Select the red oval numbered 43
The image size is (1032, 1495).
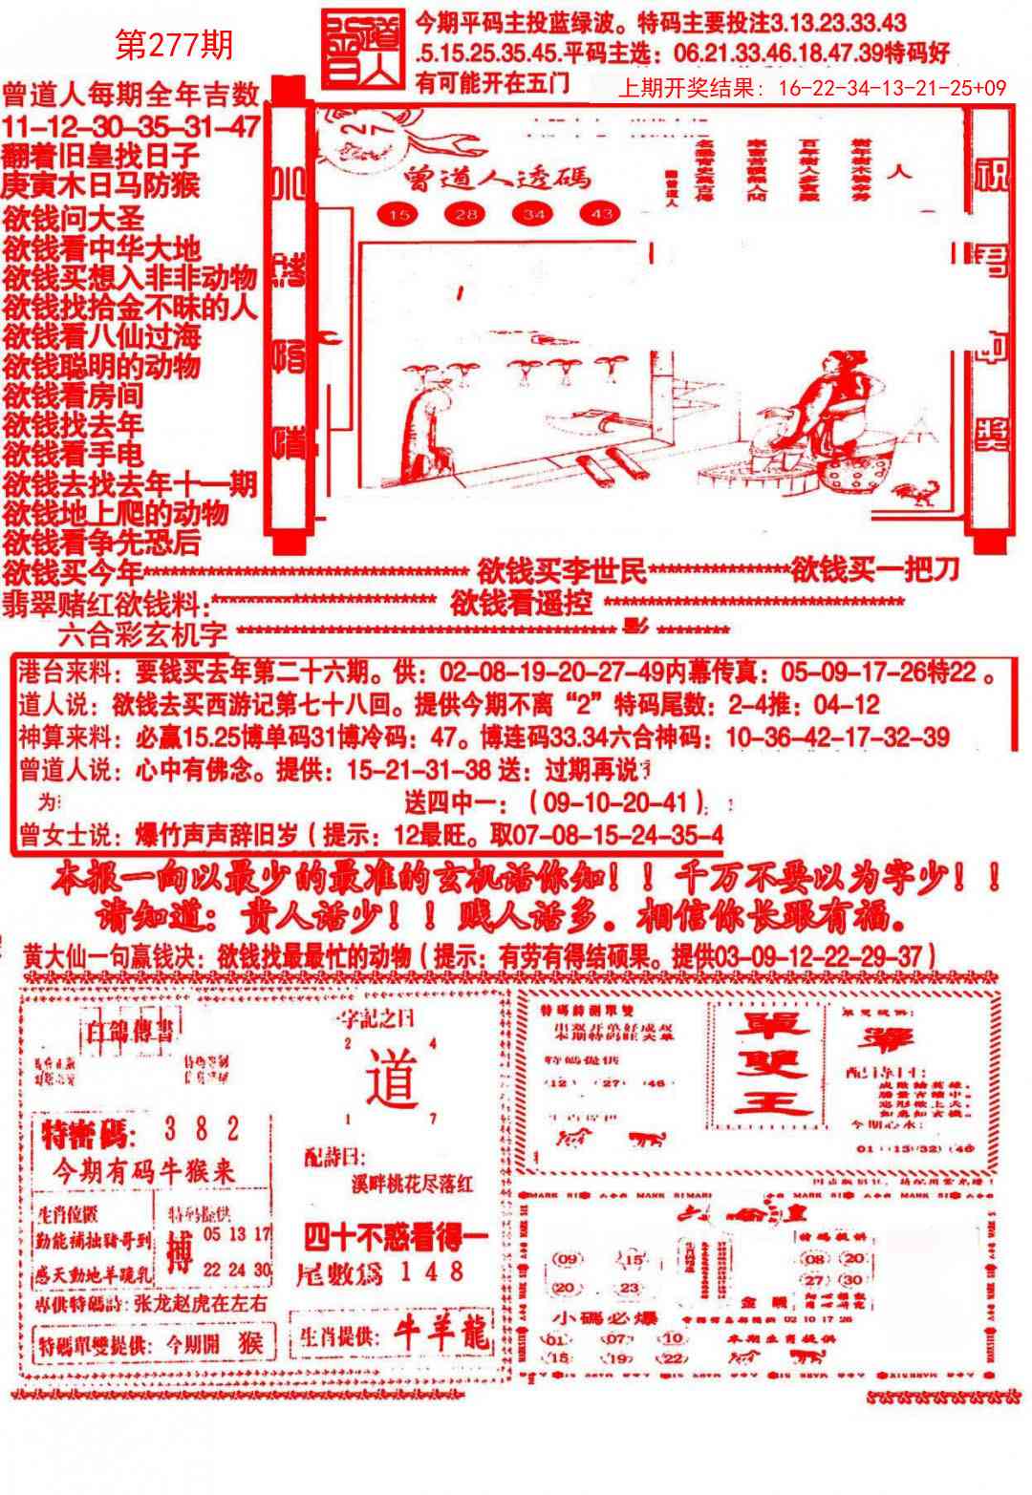(601, 215)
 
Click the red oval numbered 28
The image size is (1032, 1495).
(466, 215)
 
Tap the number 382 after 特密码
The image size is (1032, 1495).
(201, 1130)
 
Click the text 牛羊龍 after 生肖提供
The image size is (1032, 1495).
(442, 1335)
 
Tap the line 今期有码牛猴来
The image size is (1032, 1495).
(143, 1172)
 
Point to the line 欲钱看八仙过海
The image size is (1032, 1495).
(102, 336)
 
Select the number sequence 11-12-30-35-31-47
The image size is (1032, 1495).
(130, 125)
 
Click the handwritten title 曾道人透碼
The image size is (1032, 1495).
(496, 178)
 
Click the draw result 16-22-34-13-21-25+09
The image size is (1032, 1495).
(892, 89)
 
